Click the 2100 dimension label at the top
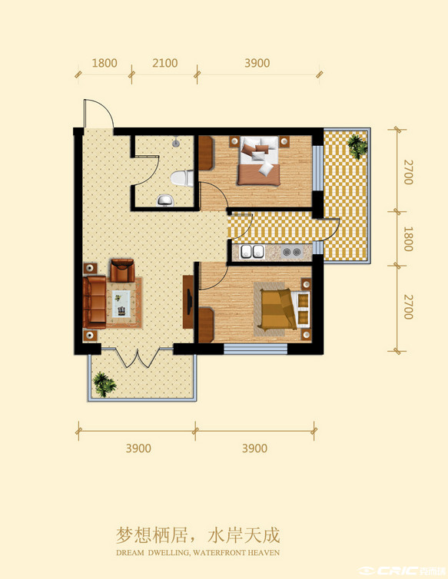click(x=165, y=63)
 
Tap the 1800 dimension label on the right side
click(x=408, y=239)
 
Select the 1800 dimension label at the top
click(x=105, y=63)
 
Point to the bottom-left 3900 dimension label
click(x=138, y=448)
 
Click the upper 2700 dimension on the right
click(x=408, y=172)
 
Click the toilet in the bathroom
click(x=182, y=178)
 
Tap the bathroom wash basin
click(x=165, y=200)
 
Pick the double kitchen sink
click(x=253, y=252)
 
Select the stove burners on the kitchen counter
click(x=291, y=252)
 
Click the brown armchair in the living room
click(x=122, y=270)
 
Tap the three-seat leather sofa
click(x=95, y=302)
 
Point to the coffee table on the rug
click(x=121, y=304)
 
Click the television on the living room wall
click(x=188, y=302)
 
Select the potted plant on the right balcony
click(x=357, y=146)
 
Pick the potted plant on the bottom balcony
click(x=105, y=384)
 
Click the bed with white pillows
click(x=259, y=161)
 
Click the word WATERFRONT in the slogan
click(x=214, y=553)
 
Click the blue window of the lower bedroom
click(x=255, y=349)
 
